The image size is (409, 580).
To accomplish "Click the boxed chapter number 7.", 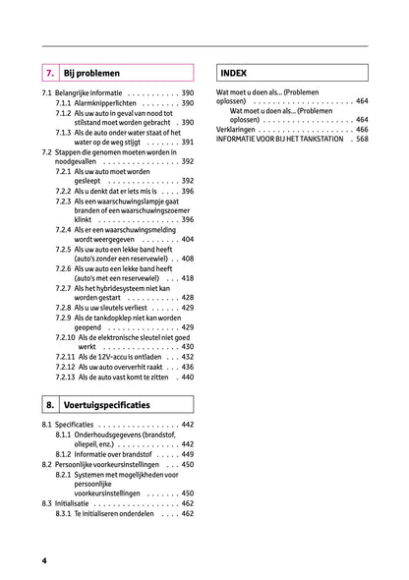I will point(49,73).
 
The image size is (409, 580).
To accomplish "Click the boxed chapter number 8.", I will point(49,404).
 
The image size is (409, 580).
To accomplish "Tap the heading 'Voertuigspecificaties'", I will point(106,404).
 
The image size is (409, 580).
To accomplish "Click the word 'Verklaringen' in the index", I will point(237,129).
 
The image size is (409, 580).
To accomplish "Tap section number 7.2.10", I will point(65,336).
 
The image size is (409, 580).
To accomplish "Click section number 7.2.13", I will point(65,377).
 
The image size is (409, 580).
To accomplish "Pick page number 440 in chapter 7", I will point(187,377).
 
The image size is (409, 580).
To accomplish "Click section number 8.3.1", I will point(63,513).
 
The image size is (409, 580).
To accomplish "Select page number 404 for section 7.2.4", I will point(187,239).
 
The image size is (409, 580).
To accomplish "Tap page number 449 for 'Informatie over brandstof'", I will point(187,453).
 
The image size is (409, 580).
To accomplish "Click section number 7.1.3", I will point(63,132).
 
